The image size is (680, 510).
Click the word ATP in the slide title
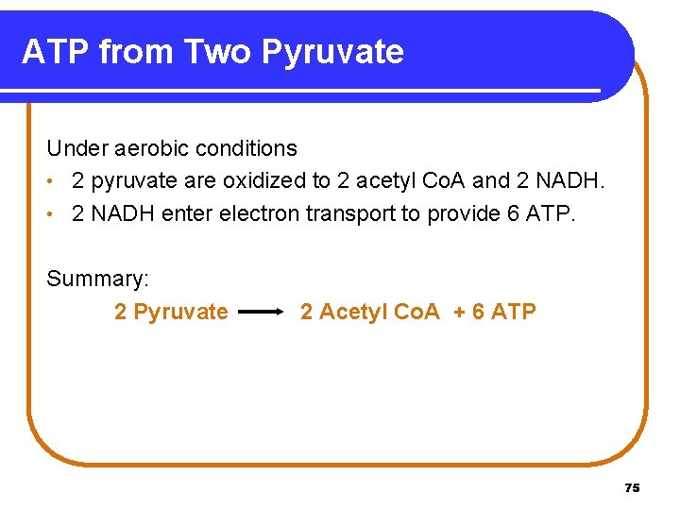coord(55,51)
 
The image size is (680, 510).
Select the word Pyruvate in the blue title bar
coord(332,51)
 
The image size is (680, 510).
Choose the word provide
coord(464,213)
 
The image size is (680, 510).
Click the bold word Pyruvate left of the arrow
coord(180,312)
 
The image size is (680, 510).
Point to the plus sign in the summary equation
coord(459,312)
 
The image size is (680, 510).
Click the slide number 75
coord(632,487)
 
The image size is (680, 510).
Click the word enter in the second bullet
coord(188,213)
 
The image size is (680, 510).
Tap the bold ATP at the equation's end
coord(515,312)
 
